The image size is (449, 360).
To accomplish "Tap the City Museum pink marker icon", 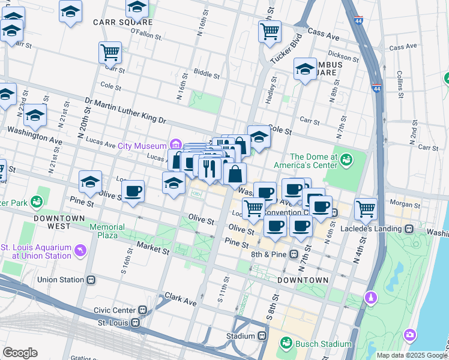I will [x=175, y=145].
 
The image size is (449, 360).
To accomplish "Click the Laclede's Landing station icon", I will [x=409, y=229].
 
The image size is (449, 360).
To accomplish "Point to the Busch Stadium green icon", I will [x=286, y=343].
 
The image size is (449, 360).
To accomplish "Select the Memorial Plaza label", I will [x=107, y=232].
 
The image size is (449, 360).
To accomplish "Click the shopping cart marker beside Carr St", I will [x=110, y=53].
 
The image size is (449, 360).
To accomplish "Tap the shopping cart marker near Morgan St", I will [x=365, y=209].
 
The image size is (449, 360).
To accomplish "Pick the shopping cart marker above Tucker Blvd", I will [x=270, y=30].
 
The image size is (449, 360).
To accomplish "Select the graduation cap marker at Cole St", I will [x=259, y=136].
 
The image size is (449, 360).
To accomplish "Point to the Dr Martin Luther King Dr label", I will [x=125, y=110].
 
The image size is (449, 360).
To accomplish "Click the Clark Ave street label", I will [x=181, y=299].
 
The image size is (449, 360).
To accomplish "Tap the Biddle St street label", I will [x=205, y=75].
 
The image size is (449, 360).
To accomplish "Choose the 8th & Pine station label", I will [x=267, y=254].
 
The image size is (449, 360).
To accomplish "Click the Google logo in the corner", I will [x=20, y=353].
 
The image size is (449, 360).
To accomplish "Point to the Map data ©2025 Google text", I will [x=412, y=355].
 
